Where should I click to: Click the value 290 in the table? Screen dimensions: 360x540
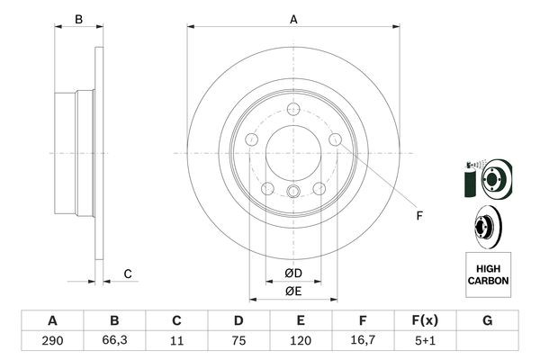52,342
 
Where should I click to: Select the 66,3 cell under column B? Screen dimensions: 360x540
114,342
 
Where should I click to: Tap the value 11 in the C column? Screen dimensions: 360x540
176,342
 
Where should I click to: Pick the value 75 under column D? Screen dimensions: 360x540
238,342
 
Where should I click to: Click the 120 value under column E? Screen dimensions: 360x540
301,342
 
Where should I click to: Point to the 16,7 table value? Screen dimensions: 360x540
363,342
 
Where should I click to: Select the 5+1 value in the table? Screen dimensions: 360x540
425,342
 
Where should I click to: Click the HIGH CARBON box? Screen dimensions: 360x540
488,274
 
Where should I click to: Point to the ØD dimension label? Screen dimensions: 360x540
293,273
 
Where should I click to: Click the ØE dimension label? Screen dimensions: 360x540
293,290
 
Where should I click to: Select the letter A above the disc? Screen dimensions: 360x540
293,18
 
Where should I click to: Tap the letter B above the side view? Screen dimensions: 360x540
78,19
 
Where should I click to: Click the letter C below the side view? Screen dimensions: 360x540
128,274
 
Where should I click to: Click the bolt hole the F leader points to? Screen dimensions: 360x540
336,139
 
